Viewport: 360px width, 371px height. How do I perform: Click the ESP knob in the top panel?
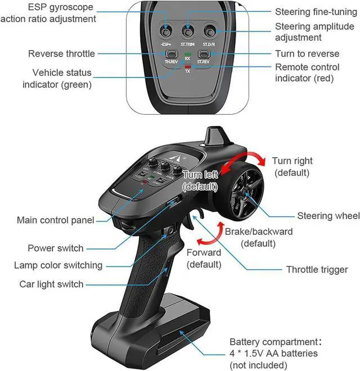click(166, 29)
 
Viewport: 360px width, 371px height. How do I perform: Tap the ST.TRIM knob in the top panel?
click(188, 29)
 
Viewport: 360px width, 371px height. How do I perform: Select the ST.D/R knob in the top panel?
click(210, 29)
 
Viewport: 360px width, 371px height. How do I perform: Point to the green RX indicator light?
click(187, 52)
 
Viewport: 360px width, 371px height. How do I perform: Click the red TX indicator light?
click(187, 67)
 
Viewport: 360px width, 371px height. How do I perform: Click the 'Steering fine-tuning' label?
click(315, 12)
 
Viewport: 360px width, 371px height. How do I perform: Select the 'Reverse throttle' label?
click(61, 54)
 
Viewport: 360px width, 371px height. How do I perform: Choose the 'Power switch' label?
click(55, 248)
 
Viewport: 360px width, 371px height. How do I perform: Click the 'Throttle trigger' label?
click(317, 269)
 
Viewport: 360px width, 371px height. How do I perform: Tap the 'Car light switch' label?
click(51, 284)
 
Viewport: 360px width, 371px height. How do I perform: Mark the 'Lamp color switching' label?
click(58, 265)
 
